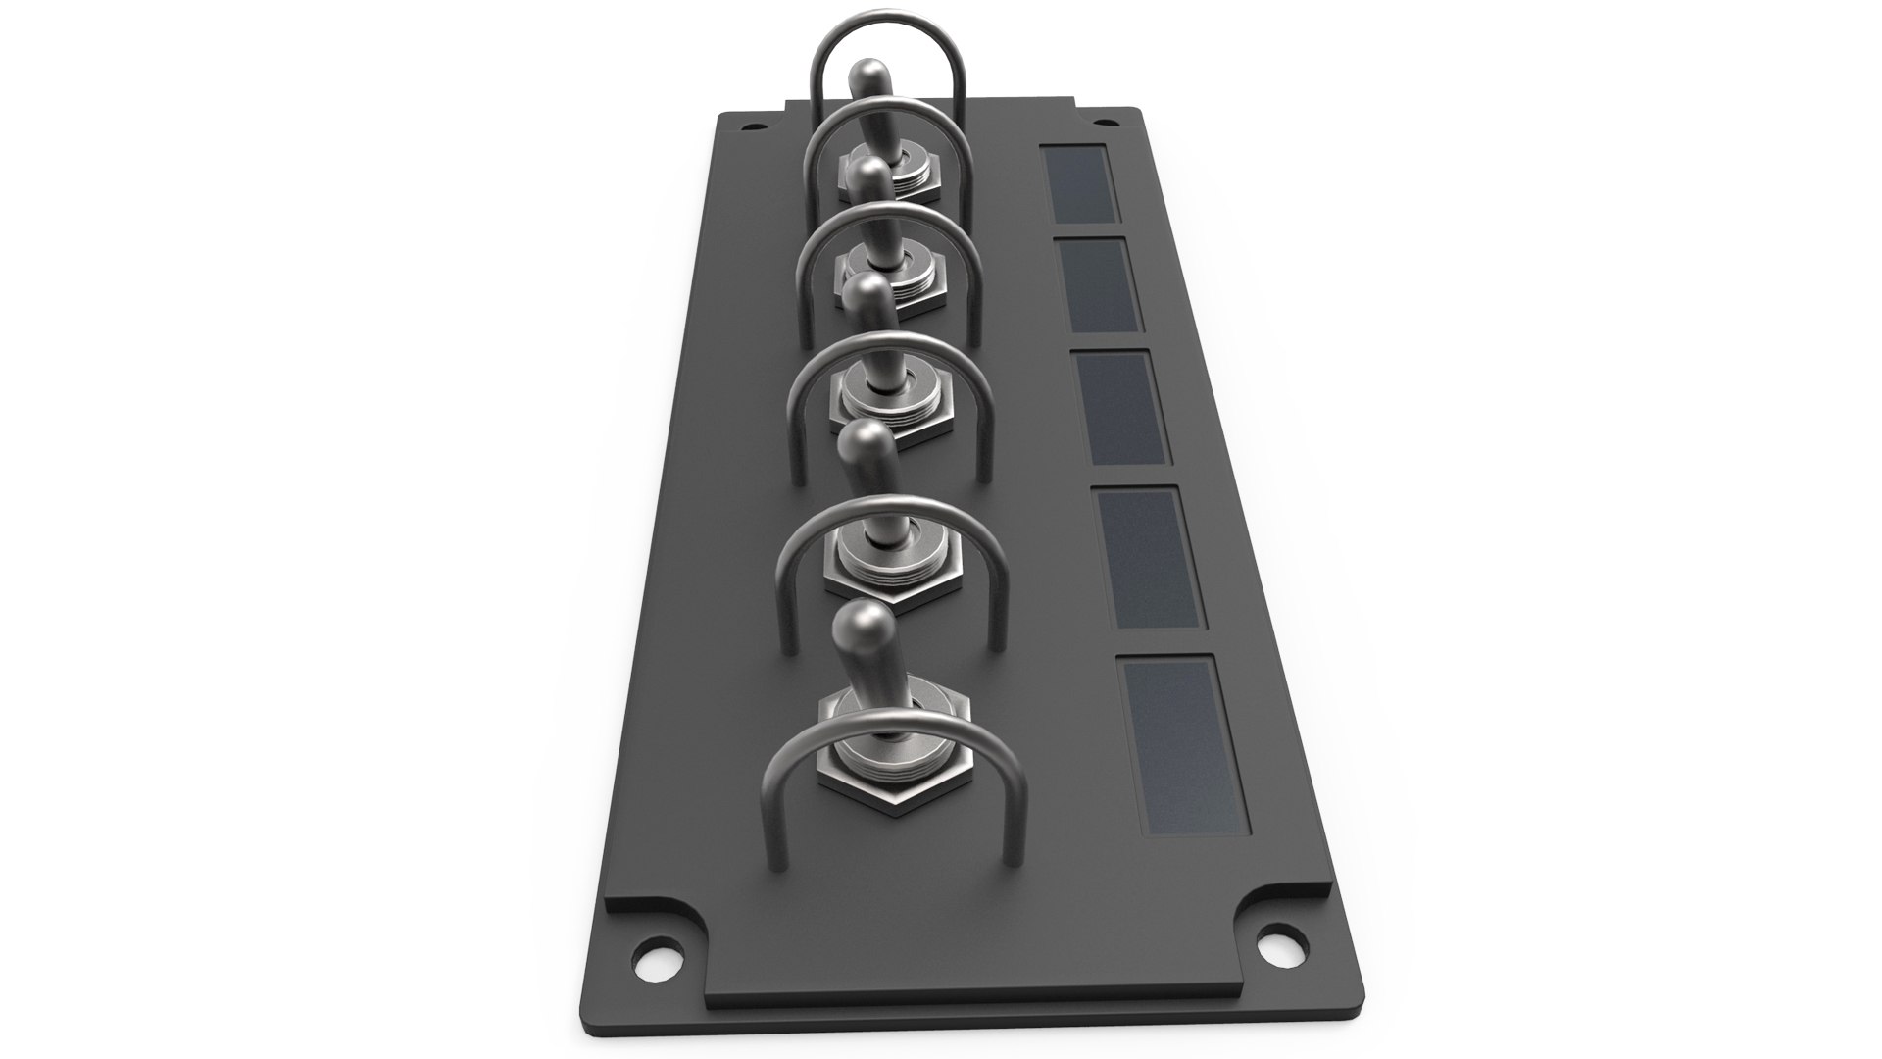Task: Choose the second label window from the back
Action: pos(1100,284)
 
